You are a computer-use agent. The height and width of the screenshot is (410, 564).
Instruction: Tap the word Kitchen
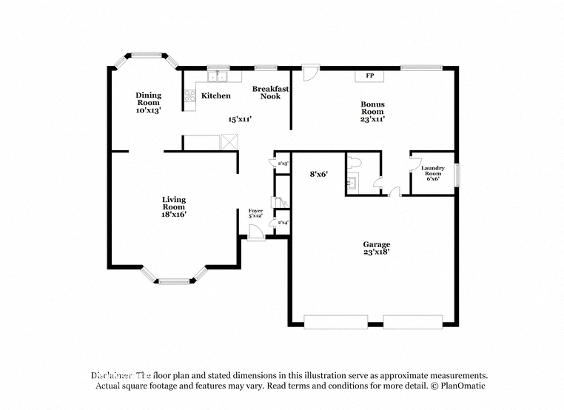216,95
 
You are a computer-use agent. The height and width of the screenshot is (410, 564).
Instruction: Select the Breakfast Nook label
270,92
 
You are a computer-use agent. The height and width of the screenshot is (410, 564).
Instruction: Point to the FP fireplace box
369,75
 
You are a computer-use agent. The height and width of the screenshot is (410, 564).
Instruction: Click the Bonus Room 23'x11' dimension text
372,118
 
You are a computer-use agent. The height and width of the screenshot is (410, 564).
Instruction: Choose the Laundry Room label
433,172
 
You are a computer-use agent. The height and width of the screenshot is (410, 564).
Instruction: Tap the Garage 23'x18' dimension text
376,252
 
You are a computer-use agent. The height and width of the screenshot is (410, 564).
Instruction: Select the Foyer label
255,212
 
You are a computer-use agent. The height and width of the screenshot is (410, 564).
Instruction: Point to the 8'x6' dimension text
319,174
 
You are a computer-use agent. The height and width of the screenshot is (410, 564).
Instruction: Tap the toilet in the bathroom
354,162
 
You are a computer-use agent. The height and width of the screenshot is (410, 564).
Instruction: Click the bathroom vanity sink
353,182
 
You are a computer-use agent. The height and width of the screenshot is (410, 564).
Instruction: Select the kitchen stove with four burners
189,95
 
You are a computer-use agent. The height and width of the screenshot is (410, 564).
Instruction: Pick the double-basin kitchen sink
217,75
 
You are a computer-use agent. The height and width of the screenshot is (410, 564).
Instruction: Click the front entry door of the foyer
255,234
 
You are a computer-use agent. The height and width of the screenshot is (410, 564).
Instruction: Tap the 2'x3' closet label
281,162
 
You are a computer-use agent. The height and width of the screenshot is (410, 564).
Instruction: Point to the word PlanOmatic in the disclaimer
458,386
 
